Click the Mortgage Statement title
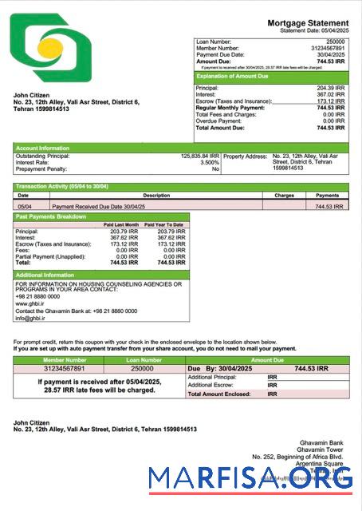point(308,23)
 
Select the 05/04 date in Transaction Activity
point(23,206)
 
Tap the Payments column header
point(327,195)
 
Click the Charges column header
point(284,195)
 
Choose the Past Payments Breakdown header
point(102,216)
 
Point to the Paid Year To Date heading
point(164,224)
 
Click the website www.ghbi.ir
point(30,303)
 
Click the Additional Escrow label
point(210,385)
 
